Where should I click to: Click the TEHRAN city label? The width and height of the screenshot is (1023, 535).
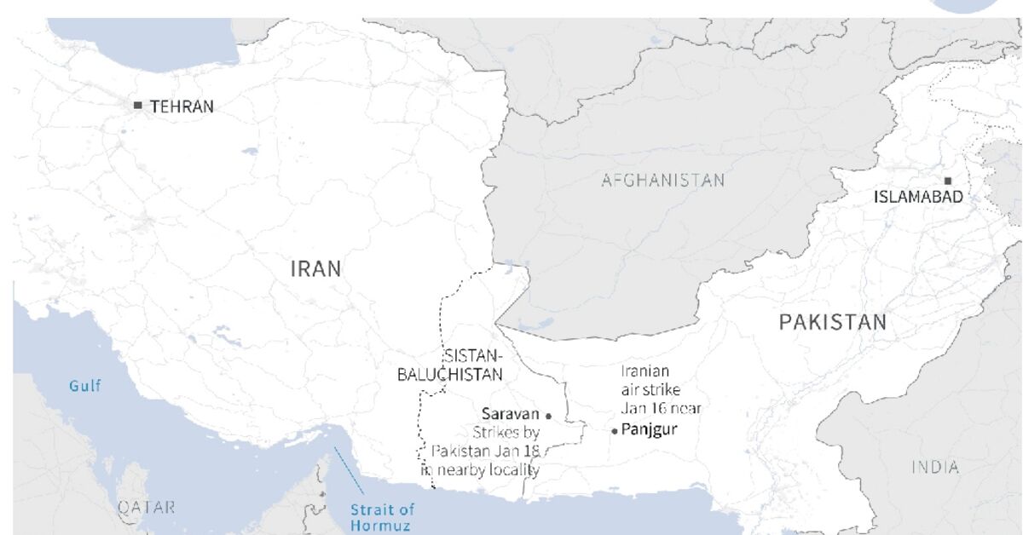pos(182,106)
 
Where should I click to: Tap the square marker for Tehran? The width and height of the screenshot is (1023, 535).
pos(138,106)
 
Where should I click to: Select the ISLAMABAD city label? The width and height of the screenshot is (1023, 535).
pos(918,197)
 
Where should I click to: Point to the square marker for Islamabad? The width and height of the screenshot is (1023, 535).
pos(947,181)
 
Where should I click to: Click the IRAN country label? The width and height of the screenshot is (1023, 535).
pos(315,269)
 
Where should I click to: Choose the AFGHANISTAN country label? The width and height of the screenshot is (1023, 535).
pos(662,180)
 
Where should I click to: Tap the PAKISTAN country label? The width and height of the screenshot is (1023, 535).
pos(832,322)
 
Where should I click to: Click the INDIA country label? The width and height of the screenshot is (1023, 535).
pos(935,467)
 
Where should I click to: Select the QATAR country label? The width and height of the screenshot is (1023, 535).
pos(147,507)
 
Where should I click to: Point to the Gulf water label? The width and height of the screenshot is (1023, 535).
pos(84,386)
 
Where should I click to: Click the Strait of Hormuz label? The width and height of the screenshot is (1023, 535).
pos(382,517)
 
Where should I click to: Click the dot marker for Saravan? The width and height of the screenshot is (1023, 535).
pos(548,416)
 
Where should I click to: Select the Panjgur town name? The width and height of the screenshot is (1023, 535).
pos(650,429)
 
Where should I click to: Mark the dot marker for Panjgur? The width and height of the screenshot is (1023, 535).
pos(615,431)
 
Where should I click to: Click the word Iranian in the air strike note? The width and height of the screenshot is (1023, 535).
pos(644,371)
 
